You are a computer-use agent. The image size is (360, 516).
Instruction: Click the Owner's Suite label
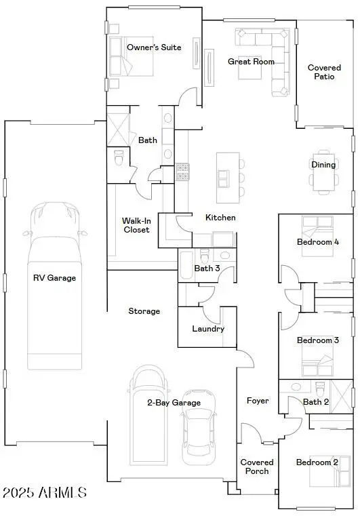coord(154,47)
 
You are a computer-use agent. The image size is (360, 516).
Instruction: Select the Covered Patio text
coord(324,72)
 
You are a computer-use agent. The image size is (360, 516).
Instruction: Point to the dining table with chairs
coord(323,180)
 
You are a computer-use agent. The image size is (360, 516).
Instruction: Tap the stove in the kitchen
coord(183,172)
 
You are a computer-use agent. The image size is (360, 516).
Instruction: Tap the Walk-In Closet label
coord(136,225)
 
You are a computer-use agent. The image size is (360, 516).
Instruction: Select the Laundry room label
coord(207,329)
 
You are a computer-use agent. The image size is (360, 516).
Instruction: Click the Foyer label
coord(258,401)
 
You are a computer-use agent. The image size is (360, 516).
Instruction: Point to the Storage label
coord(144,311)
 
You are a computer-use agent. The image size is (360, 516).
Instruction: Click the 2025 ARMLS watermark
coord(45,492)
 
